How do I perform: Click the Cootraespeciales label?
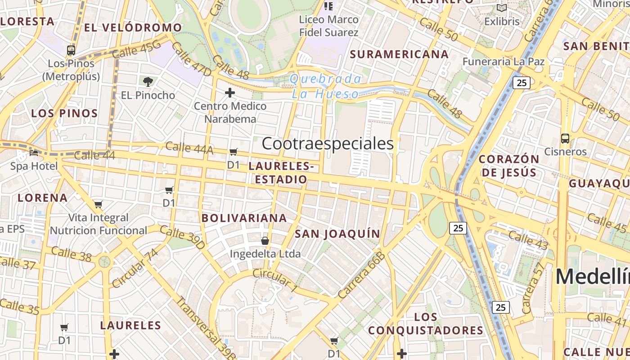tap(328, 144)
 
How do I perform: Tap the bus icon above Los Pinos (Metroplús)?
tap(71, 50)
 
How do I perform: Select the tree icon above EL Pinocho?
tap(148, 81)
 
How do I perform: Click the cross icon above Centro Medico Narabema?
tap(230, 93)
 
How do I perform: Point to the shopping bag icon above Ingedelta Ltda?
tap(265, 241)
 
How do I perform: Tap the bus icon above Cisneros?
tap(565, 138)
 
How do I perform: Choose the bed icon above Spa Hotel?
tap(34, 153)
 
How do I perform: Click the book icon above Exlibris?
tap(502, 8)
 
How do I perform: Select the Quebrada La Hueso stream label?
tap(325, 86)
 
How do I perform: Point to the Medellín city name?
tap(592, 276)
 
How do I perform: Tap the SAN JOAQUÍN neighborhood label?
tap(337, 234)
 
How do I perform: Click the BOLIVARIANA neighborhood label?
tap(244, 218)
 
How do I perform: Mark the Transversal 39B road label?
tap(205, 328)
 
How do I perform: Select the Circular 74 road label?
tap(135, 268)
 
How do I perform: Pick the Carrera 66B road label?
tap(362, 275)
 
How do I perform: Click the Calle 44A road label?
tap(189, 148)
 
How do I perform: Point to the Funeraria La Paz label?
tap(504, 62)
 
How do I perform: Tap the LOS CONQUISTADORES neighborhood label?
tap(426, 324)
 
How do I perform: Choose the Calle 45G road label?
tap(136, 49)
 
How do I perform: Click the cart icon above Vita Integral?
tap(99, 204)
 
